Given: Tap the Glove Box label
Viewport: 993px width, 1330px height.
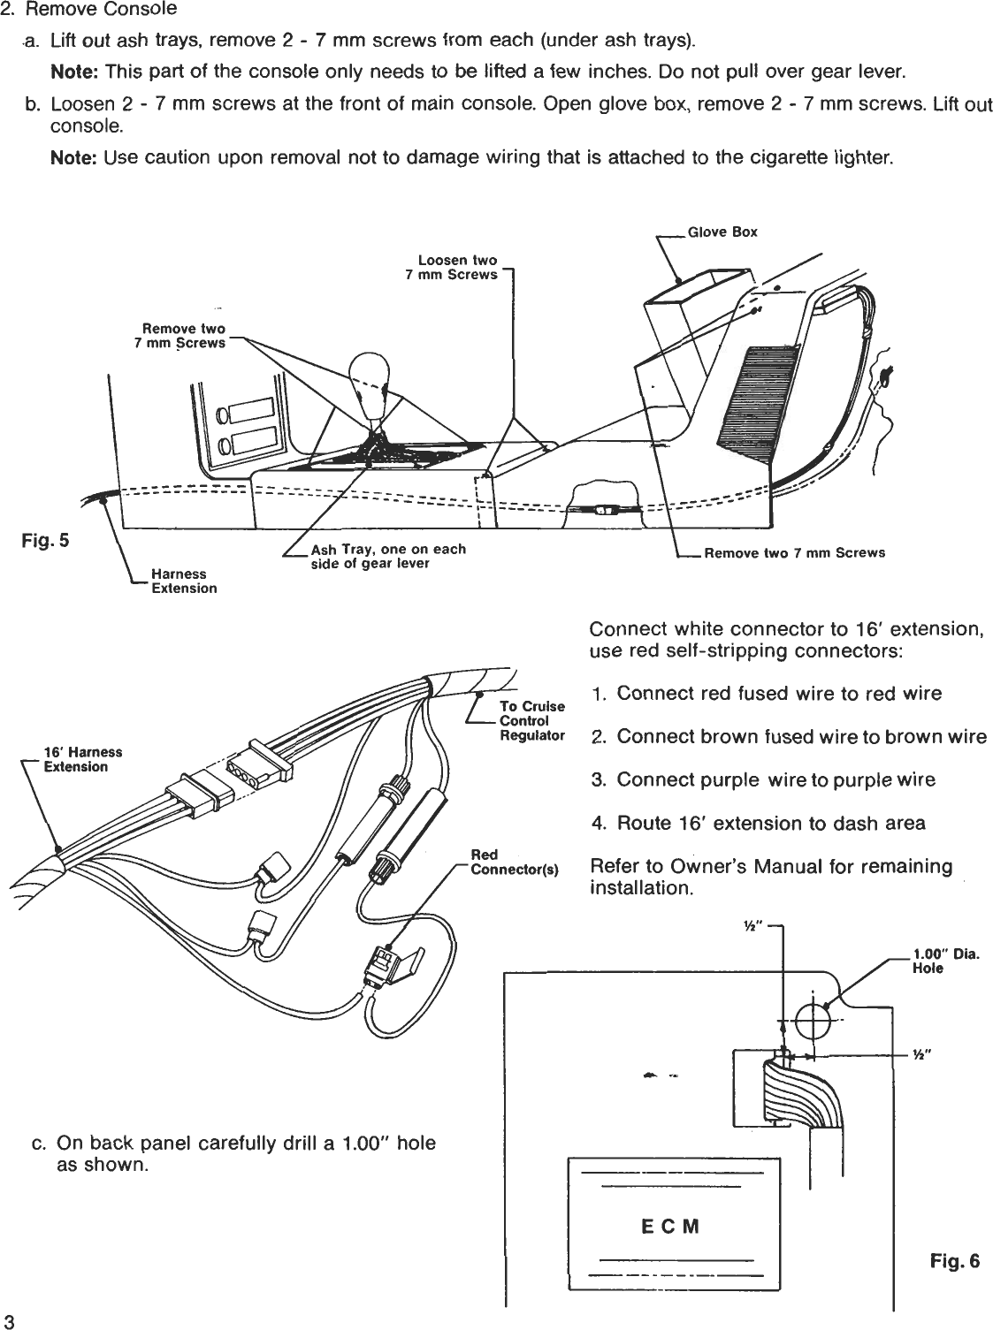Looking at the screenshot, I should click(722, 232).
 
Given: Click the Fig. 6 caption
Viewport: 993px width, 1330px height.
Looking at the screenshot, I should click(955, 1260).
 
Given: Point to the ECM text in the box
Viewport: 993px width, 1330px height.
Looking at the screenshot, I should click(669, 1227).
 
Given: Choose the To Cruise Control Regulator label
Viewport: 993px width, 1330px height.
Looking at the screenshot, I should click(531, 720).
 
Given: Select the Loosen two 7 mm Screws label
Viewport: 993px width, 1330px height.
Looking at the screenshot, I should click(452, 268).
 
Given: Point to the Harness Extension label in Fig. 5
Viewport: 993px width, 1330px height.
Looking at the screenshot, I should click(184, 581).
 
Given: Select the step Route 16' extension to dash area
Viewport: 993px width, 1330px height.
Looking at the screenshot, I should click(770, 824).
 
